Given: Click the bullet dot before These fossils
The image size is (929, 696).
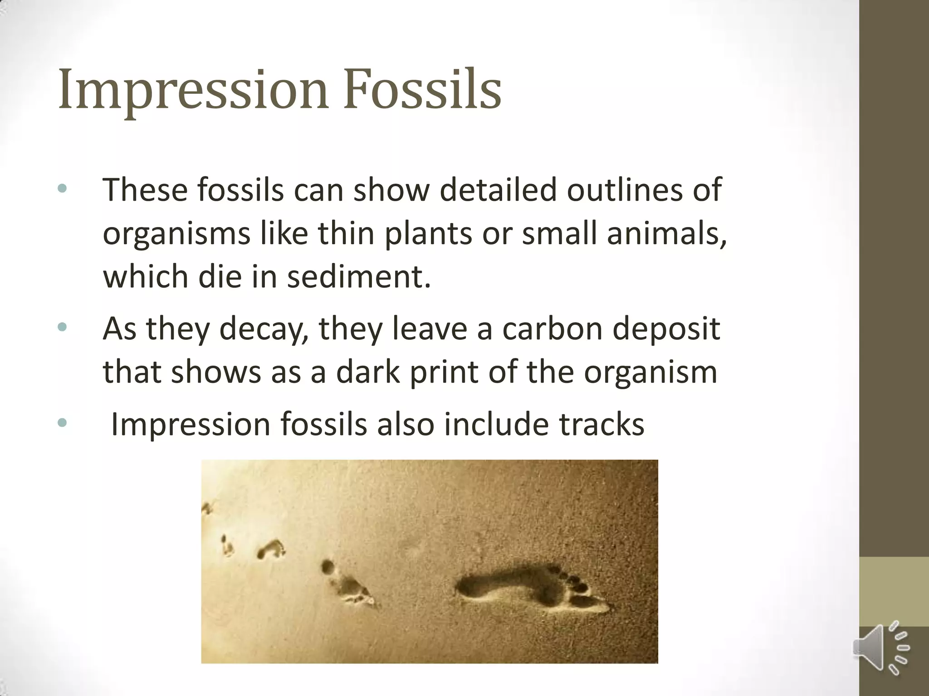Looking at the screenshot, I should point(63,188).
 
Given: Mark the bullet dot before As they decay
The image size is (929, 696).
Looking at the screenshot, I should point(63,327).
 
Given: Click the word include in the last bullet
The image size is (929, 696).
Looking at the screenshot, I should point(496,424).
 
